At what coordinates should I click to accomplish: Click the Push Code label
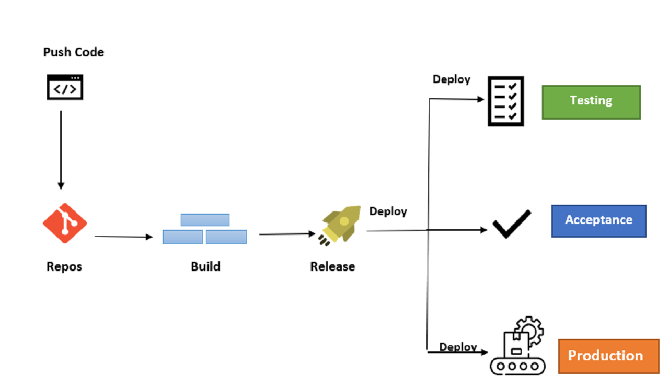pos(73,52)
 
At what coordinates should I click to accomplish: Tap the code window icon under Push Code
pos(65,87)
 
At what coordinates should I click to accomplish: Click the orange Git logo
pos(65,224)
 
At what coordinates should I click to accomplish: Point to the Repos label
pos(64,266)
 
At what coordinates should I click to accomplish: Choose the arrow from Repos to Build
pos(123,237)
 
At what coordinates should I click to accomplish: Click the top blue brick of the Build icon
pos(205,220)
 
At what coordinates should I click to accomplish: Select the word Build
pos(205,266)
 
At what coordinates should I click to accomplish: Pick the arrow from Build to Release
pos(287,234)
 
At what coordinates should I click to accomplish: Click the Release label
pos(332,266)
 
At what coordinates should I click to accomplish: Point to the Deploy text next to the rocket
pos(388,211)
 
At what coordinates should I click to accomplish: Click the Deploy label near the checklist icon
pos(451,79)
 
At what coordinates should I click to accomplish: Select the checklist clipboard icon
pos(505,101)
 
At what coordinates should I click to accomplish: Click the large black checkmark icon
pos(512,225)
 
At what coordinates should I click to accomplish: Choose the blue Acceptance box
pos(598,221)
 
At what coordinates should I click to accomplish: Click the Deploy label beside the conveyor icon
pos(458,347)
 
